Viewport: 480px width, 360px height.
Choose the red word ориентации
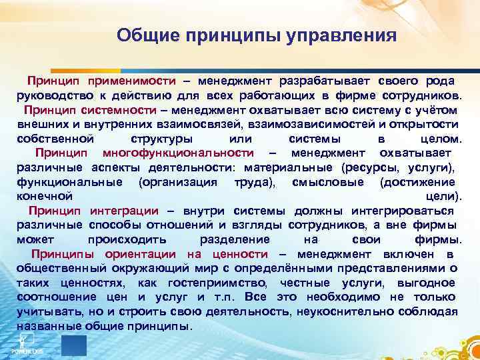pos(139,254)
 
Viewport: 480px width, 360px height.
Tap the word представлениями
pos(390,269)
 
